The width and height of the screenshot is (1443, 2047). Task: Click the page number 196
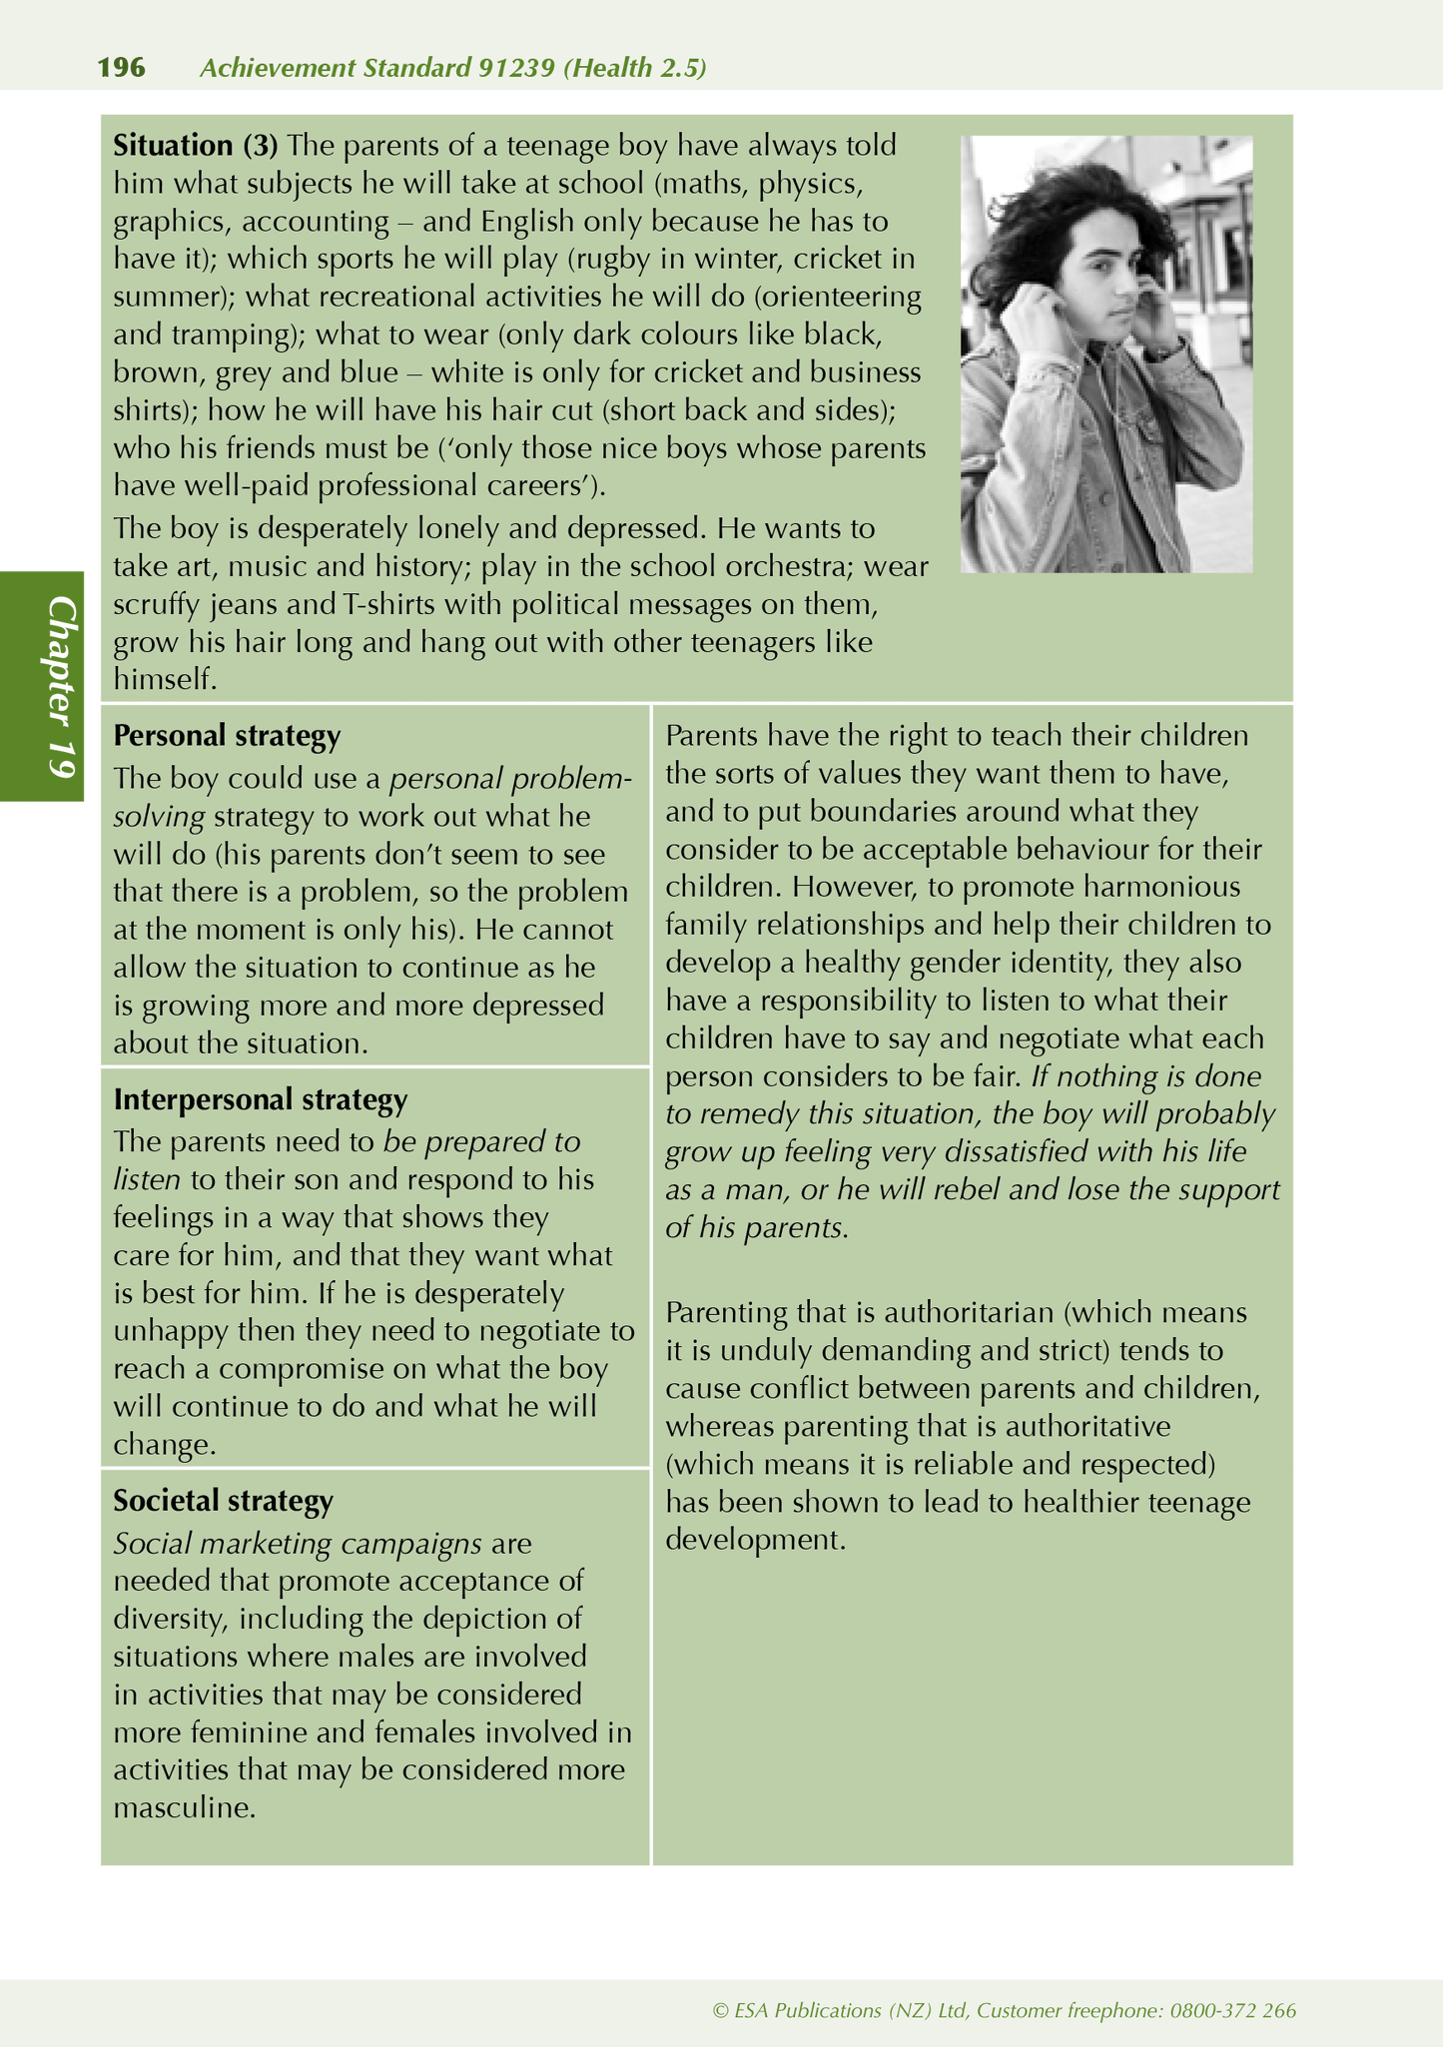point(121,68)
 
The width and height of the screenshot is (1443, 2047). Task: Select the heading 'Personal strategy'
point(227,736)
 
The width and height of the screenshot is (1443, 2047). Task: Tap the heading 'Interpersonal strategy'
point(260,1099)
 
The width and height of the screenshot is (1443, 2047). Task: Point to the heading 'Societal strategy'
point(223,1501)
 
